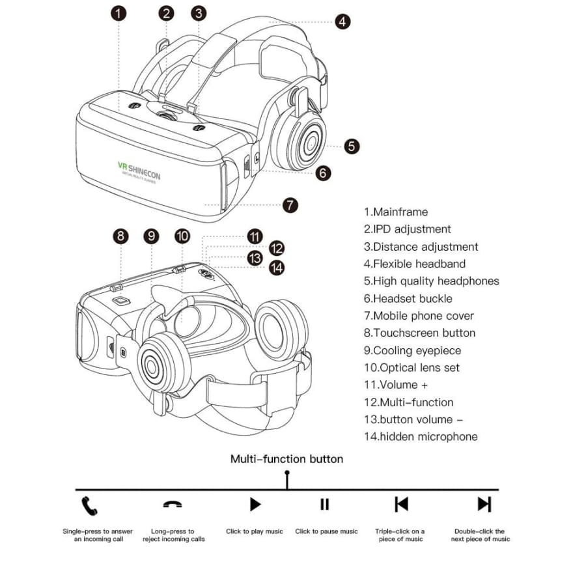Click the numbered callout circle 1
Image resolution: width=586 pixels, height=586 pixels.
(x=119, y=13)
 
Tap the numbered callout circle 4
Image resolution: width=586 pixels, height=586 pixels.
(x=342, y=21)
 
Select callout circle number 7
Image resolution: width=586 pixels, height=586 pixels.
(x=290, y=204)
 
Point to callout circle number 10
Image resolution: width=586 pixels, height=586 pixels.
(x=182, y=236)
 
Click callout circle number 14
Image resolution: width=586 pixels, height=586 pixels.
(x=277, y=267)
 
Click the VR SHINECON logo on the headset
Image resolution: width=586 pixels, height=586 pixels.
(x=139, y=171)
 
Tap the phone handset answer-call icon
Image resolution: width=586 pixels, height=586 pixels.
(x=89, y=505)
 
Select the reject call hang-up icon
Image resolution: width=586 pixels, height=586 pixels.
(x=173, y=505)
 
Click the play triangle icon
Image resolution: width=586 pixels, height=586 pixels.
(x=255, y=504)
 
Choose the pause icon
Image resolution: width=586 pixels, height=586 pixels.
(x=325, y=504)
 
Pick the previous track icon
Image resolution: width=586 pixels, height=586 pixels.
(x=401, y=504)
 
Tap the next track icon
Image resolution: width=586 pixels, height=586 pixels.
(x=484, y=504)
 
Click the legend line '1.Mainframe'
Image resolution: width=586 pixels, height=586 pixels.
(x=396, y=212)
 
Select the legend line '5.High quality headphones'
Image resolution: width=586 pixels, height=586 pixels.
(x=431, y=281)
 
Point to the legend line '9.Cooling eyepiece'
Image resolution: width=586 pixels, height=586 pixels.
(x=412, y=350)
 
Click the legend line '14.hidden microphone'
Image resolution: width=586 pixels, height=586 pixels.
(x=420, y=436)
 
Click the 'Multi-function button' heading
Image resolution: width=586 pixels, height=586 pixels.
(x=286, y=459)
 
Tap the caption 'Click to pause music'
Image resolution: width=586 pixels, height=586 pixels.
(x=326, y=531)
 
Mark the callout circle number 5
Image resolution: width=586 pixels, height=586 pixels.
(x=352, y=146)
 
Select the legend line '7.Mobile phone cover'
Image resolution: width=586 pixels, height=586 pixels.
(x=419, y=316)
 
